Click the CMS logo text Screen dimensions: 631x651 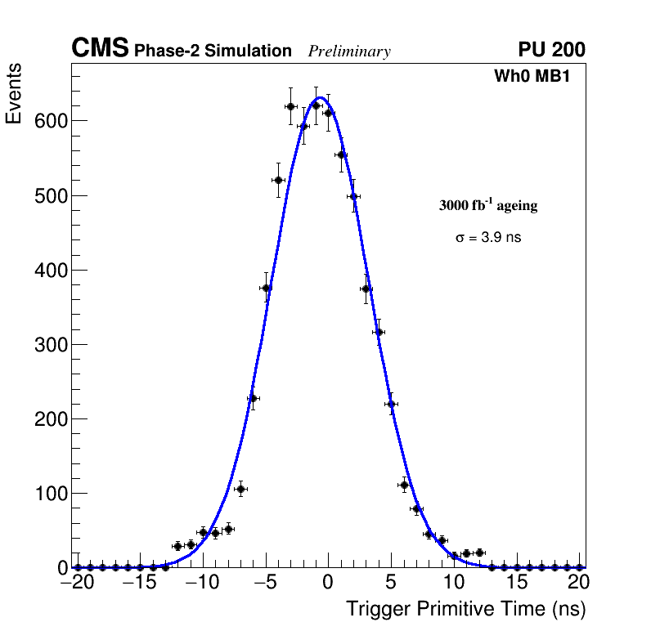coord(100,49)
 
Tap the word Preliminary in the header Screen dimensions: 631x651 coord(349,51)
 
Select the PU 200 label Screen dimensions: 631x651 coord(551,50)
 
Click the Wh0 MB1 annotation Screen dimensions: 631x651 coord(532,76)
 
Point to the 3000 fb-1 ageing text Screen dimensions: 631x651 coord(488,206)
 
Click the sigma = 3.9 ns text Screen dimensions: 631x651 coord(488,238)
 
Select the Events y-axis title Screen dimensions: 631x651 coord(14,93)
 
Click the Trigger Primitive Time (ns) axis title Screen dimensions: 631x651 coord(466,609)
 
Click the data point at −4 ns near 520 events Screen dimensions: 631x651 coord(278,180)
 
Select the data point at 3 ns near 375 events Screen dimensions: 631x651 coord(366,289)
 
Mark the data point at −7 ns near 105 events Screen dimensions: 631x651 coord(240,489)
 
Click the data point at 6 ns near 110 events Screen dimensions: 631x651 coord(404,486)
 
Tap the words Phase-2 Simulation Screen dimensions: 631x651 coord(213,51)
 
